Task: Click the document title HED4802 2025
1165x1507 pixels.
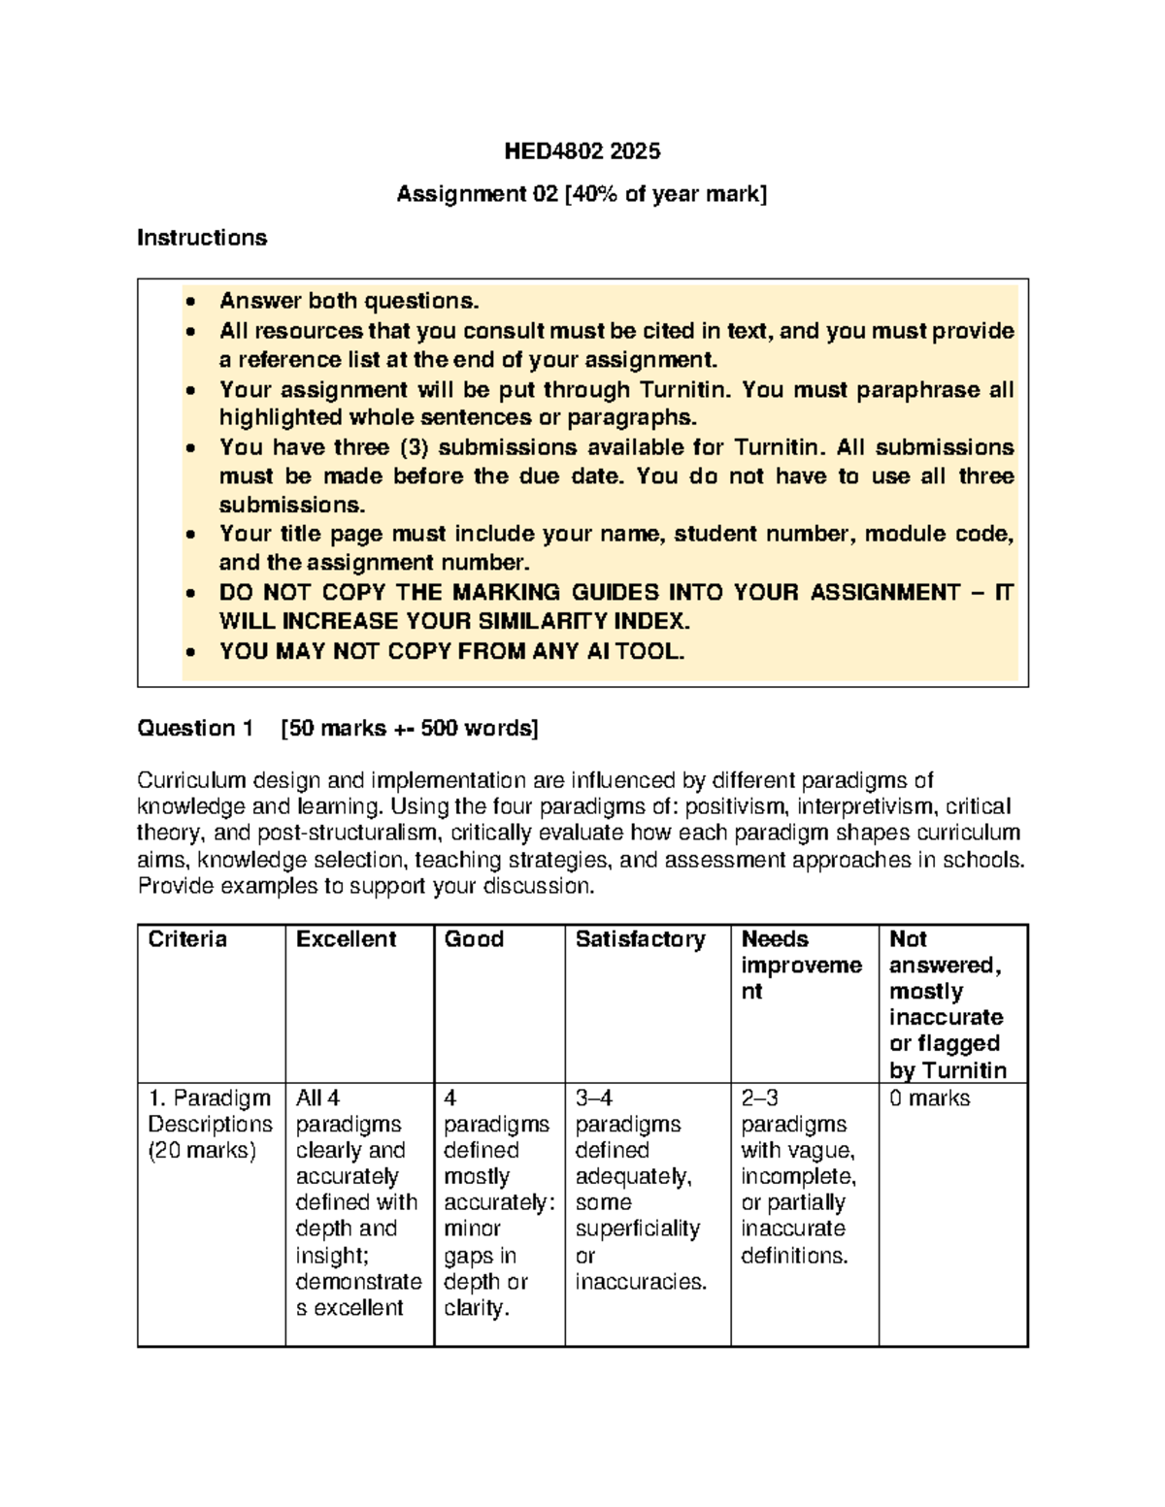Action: click(x=582, y=151)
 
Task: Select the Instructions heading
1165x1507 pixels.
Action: click(x=202, y=238)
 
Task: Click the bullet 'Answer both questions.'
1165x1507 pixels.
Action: click(x=349, y=302)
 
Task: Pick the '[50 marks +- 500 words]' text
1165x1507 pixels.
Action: click(x=408, y=729)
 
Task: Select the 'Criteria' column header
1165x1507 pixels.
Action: click(x=187, y=939)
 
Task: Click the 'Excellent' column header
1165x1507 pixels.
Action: click(x=346, y=939)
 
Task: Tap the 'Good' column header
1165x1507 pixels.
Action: click(x=474, y=939)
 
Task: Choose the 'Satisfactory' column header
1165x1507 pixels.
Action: click(x=640, y=939)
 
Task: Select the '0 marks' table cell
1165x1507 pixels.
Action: click(x=929, y=1098)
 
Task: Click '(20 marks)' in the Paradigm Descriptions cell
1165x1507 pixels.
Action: click(x=202, y=1151)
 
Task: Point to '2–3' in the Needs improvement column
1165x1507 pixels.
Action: click(x=760, y=1098)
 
